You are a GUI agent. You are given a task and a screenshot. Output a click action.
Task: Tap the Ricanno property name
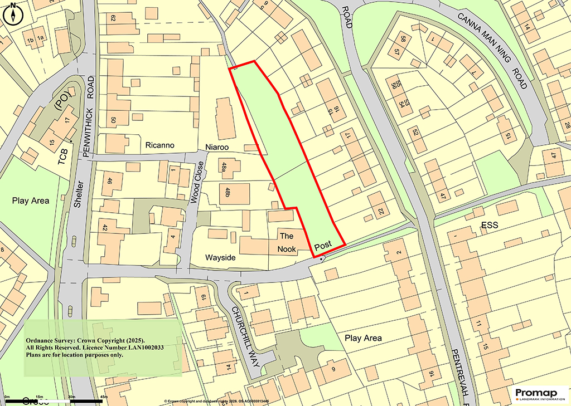(x=159, y=145)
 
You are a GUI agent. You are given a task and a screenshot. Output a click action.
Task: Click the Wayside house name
(x=220, y=258)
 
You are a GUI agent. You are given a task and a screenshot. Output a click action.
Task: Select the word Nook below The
(x=287, y=250)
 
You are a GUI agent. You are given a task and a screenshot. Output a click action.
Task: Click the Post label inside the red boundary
(x=323, y=245)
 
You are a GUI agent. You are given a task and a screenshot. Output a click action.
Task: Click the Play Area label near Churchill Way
(x=363, y=338)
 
